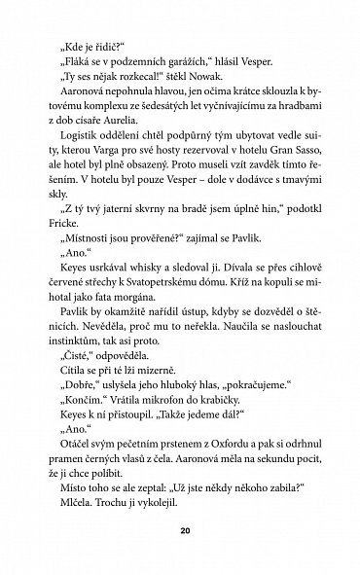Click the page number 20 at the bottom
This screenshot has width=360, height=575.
[x=180, y=531]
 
